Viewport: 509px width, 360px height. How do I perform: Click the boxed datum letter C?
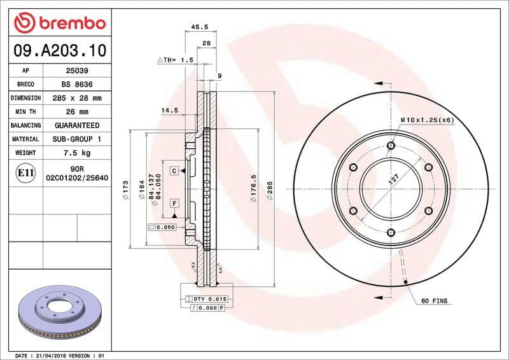173,171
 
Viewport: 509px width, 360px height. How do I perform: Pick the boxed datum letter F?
173,204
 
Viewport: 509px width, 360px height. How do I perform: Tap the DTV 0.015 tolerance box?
209,299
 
